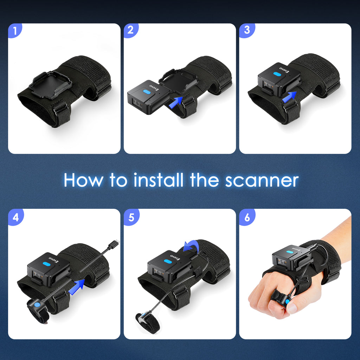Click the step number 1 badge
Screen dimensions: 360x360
tap(14, 31)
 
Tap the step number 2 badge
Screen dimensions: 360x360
tap(131, 31)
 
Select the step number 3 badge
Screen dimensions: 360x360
tap(247, 31)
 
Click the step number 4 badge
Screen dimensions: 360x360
tap(15, 217)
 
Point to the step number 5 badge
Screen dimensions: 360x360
tap(131, 217)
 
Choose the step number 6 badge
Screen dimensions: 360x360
tap(247, 217)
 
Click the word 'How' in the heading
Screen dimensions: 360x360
tap(84, 180)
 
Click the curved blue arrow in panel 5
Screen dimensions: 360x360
tap(192, 247)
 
